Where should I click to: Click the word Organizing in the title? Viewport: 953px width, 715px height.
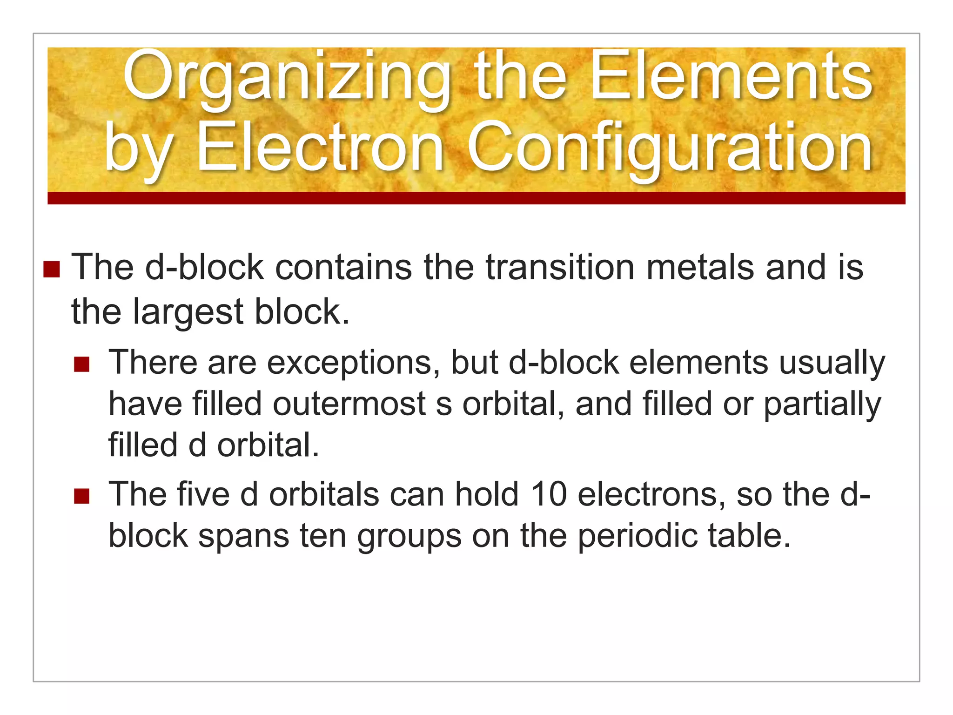[x=286, y=77]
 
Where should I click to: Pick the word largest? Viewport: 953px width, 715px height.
[x=188, y=312]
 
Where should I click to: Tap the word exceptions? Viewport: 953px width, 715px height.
[x=353, y=363]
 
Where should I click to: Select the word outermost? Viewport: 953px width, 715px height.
[x=349, y=404]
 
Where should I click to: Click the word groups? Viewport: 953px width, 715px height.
[x=409, y=536]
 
